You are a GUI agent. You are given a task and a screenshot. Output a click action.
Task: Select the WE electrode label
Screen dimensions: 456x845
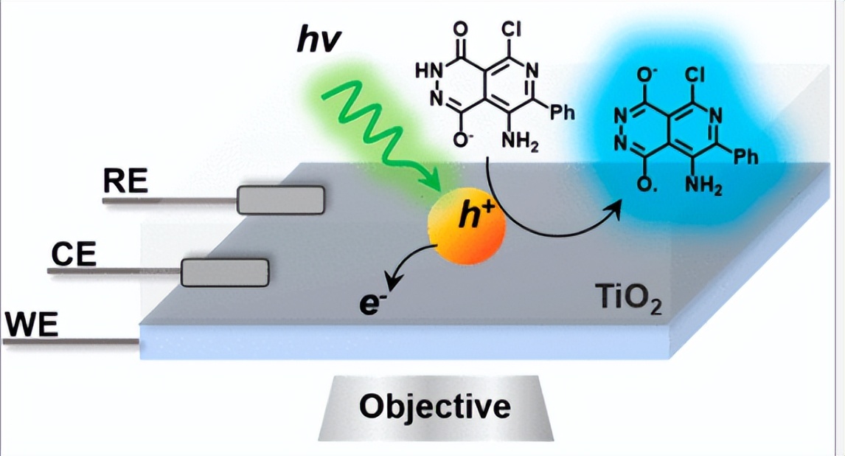pyautogui.click(x=31, y=325)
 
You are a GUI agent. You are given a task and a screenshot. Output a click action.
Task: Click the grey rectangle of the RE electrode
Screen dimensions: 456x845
pyautogui.click(x=280, y=199)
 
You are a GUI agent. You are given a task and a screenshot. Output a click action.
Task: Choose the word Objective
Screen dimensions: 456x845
pyautogui.click(x=434, y=406)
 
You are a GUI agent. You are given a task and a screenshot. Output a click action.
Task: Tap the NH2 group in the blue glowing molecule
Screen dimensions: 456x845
pyautogui.click(x=704, y=187)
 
